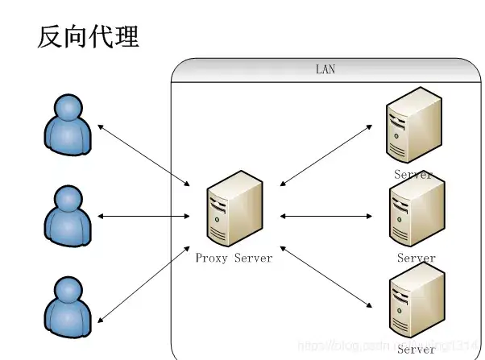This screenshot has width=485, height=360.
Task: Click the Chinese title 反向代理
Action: pyautogui.click(x=88, y=36)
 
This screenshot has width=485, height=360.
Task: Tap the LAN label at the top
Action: pyautogui.click(x=325, y=69)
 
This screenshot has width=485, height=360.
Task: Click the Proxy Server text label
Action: pyautogui.click(x=234, y=259)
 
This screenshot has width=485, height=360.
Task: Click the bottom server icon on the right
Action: pyautogui.click(x=416, y=305)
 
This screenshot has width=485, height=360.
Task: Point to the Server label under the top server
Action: pyautogui.click(x=413, y=174)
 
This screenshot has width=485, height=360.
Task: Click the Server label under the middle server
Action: pyautogui.click(x=417, y=259)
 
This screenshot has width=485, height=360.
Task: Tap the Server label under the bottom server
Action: pyautogui.click(x=417, y=350)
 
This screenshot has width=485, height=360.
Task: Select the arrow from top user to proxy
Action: pyautogui.click(x=144, y=152)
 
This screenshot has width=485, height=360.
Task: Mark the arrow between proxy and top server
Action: pyautogui.click(x=326, y=155)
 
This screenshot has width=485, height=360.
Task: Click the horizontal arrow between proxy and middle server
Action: pyautogui.click(x=325, y=216)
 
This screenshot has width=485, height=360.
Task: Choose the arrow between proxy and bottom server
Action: pyautogui.click(x=326, y=277)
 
